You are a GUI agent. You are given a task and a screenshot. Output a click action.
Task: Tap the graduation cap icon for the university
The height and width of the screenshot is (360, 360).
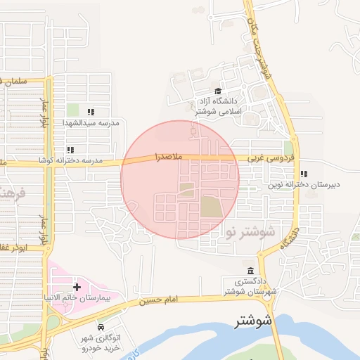pyautogui.click(x=218, y=91)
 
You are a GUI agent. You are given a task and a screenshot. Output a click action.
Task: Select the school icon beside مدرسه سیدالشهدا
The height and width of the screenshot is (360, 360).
pyautogui.click(x=90, y=112)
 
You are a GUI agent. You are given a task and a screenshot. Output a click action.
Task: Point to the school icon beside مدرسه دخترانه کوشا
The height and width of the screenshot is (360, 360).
pyautogui.click(x=70, y=150)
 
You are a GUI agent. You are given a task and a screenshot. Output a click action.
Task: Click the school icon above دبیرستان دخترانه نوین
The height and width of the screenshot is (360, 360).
pyautogui.click(x=303, y=174)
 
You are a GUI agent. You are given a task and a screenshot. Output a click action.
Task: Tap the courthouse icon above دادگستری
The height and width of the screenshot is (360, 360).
pyautogui.click(x=251, y=271)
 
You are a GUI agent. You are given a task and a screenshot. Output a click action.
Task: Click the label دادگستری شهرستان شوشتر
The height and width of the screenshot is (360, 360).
pyautogui.click(x=252, y=287)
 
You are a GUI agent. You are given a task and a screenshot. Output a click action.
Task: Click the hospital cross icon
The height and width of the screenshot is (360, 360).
pyautogui.click(x=76, y=287)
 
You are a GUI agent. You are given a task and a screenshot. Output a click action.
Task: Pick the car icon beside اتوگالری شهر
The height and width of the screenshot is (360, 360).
pyautogui.click(x=101, y=328)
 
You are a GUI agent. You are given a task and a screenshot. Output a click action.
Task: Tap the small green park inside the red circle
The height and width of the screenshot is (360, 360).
pyautogui.click(x=186, y=189)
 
